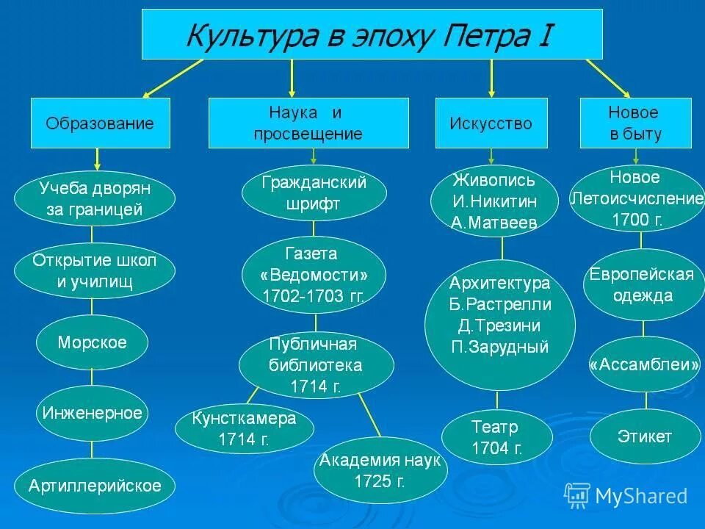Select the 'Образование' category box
coord(100,123)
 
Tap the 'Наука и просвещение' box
coord(308,123)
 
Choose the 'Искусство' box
coord(491,123)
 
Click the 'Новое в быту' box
coord(634,123)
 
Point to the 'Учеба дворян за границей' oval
coord(95,199)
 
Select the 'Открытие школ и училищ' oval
coord(95,271)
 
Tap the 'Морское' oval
coord(93,342)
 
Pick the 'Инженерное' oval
coord(92,413)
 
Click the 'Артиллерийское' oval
coord(95,485)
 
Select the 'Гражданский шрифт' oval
coord(314,193)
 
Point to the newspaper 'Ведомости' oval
coord(314,275)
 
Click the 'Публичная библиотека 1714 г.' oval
coord(316,365)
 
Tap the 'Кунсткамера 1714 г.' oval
coord(245,429)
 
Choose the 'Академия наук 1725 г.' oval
coord(380,471)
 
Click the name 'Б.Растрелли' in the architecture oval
coord(500,304)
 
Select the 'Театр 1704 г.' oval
coord(497,437)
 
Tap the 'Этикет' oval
coord(645,436)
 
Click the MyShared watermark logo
coord(626,496)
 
